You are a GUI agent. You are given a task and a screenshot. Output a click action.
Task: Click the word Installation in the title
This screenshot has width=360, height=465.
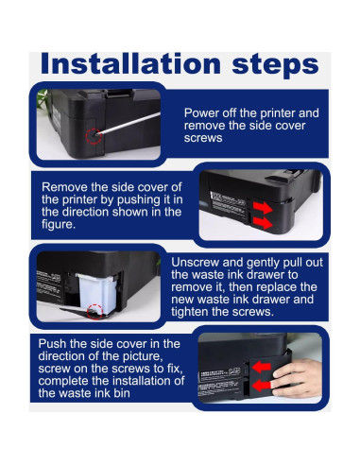pyautogui.click(x=130, y=64)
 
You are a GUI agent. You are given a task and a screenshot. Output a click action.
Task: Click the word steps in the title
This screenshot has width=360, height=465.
pyautogui.click(x=275, y=66)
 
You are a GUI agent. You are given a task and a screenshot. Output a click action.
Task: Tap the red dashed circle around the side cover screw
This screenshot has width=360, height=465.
pyautogui.click(x=94, y=136)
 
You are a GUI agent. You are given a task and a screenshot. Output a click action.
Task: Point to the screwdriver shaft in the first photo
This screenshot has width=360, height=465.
pyautogui.click(x=129, y=123)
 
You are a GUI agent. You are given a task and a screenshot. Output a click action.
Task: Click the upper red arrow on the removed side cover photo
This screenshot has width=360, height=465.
pyautogui.click(x=263, y=208)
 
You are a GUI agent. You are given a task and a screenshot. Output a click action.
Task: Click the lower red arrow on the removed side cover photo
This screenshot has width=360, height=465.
pyautogui.click(x=263, y=223)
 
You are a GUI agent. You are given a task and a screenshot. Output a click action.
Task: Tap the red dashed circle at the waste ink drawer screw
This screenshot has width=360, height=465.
pyautogui.click(x=94, y=312)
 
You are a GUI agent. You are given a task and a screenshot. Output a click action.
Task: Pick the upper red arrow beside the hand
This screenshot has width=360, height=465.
pyautogui.click(x=262, y=367)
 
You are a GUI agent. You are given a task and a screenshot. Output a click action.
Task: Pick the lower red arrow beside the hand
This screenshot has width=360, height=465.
pyautogui.click(x=262, y=385)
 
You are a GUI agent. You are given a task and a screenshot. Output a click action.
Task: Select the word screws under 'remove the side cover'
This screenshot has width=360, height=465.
pyautogui.click(x=203, y=138)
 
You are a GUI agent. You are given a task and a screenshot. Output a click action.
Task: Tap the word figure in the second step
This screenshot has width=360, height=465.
pyautogui.click(x=59, y=225)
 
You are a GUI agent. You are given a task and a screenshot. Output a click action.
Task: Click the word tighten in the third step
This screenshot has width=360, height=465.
pyautogui.click(x=190, y=312)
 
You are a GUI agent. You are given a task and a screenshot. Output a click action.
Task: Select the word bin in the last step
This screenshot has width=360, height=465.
pyautogui.click(x=121, y=393)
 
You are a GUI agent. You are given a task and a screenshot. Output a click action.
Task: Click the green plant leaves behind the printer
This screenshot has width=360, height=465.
pyautogui.click(x=42, y=99)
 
